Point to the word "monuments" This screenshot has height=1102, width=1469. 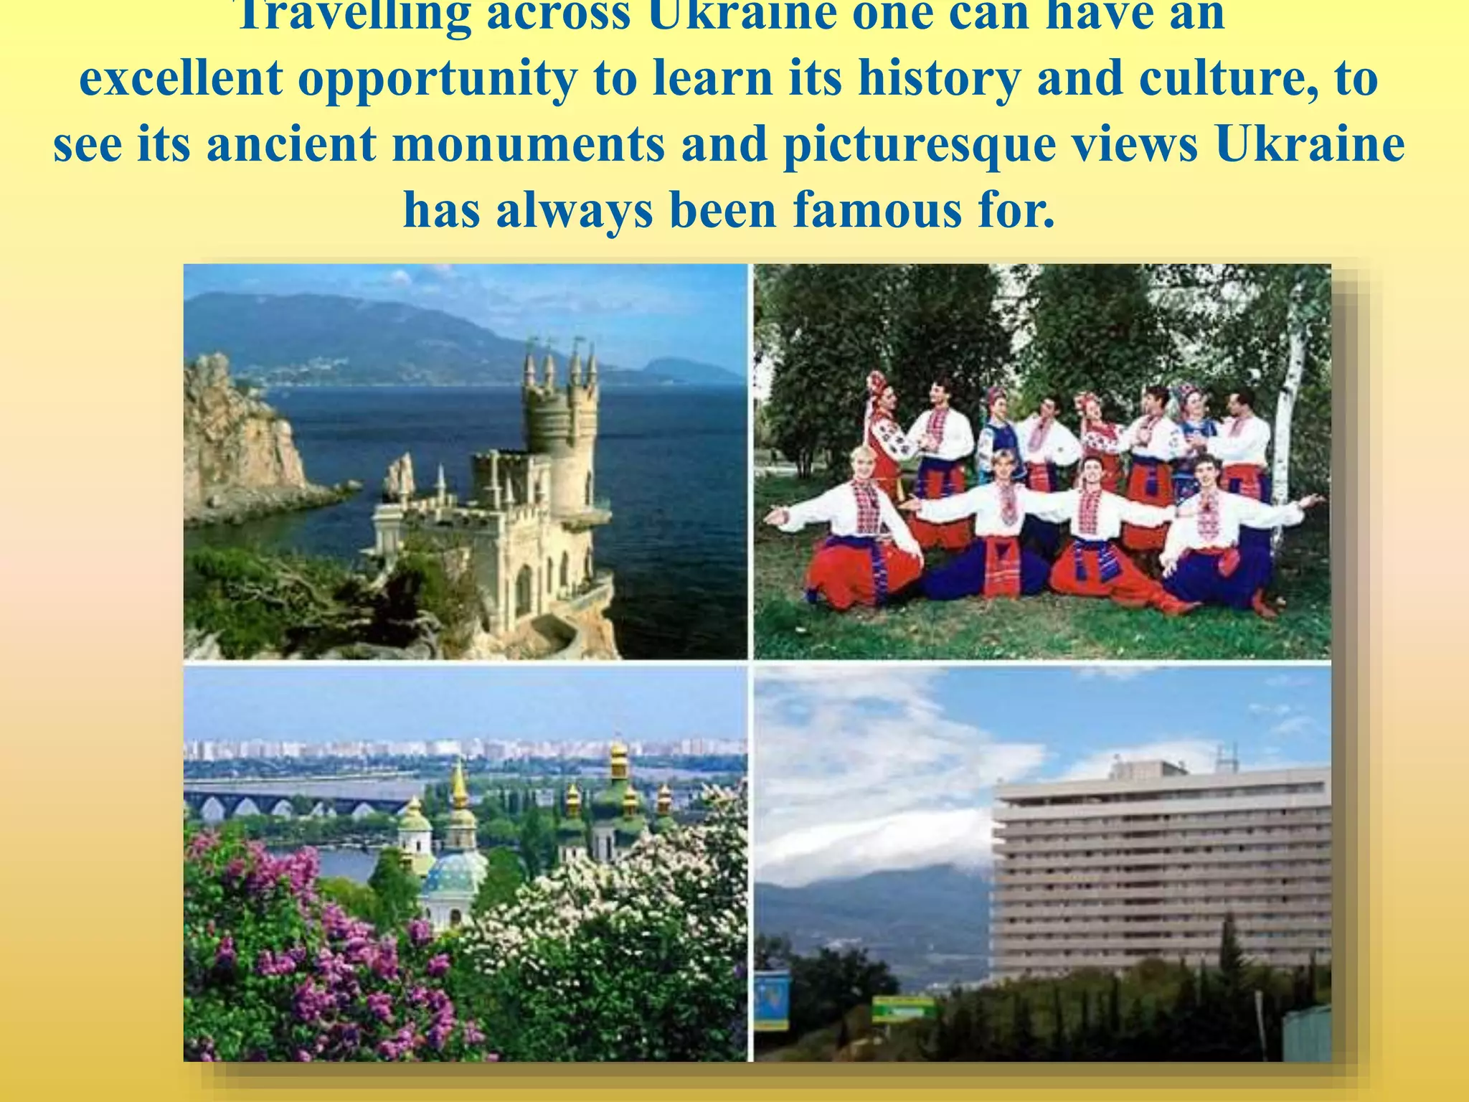pos(529,143)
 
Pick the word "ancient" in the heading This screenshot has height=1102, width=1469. pos(291,143)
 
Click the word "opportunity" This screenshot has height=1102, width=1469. pos(437,79)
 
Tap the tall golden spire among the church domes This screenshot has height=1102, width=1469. pos(460,789)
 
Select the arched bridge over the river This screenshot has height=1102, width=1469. pos(287,800)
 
